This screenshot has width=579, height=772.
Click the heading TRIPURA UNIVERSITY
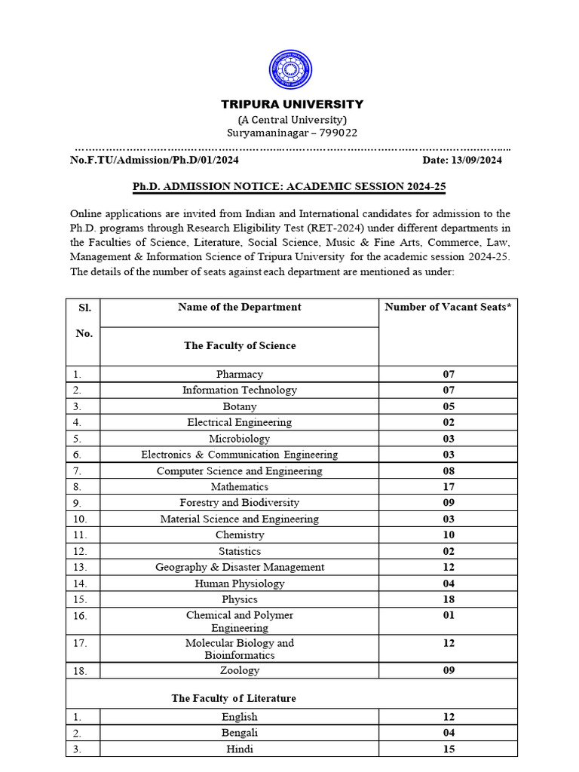point(292,104)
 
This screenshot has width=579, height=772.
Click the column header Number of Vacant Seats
point(448,307)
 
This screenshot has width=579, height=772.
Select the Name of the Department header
point(239,307)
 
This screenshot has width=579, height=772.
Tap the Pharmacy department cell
point(239,374)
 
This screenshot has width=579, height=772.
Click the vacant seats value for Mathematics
point(449,487)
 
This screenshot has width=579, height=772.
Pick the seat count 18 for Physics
point(449,599)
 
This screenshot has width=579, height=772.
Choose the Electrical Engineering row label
point(239,422)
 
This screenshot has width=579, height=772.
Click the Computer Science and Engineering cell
point(239,471)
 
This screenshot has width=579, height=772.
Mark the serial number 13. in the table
point(81,567)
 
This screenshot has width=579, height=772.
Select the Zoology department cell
point(239,670)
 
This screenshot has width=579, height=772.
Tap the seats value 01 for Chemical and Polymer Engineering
point(449,615)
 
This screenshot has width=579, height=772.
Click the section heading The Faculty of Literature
point(234,698)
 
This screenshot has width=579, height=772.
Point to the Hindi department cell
point(239,749)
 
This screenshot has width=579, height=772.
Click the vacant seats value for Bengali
point(449,733)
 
